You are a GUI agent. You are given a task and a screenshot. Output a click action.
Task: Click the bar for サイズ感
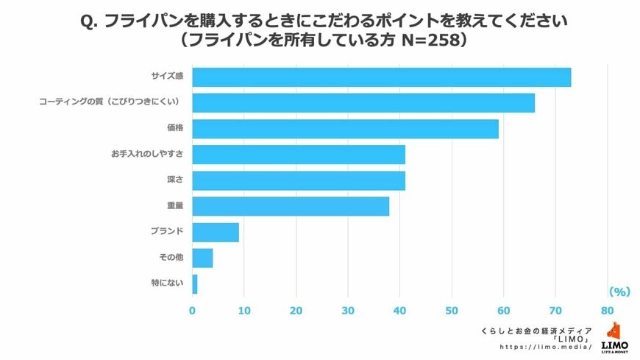point(381,77)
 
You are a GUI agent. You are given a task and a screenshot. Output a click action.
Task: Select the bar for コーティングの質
point(363,103)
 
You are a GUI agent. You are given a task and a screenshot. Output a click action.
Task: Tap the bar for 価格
point(345,129)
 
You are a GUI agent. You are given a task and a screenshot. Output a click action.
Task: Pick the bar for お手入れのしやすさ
point(299,155)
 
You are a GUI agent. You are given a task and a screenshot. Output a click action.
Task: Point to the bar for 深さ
point(299,180)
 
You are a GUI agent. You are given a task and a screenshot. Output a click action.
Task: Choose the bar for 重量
point(291,206)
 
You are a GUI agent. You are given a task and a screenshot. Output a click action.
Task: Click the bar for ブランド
point(216,232)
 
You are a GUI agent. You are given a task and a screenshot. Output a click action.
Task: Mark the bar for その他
point(202,258)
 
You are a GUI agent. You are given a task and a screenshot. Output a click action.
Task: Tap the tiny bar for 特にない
point(195,283)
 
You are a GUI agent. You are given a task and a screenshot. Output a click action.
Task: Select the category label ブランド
point(168,232)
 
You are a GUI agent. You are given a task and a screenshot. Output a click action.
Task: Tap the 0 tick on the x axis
point(193,310)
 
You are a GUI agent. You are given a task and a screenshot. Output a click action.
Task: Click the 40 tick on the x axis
point(400,310)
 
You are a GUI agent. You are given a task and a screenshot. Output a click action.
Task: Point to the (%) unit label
point(619,292)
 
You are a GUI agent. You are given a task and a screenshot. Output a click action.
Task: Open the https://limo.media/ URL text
point(545,346)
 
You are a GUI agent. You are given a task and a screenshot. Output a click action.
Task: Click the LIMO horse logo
point(614,331)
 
